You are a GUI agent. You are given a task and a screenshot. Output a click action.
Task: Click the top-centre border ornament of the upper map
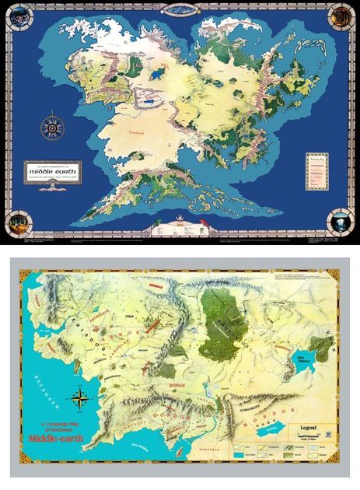tap(180, 8)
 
